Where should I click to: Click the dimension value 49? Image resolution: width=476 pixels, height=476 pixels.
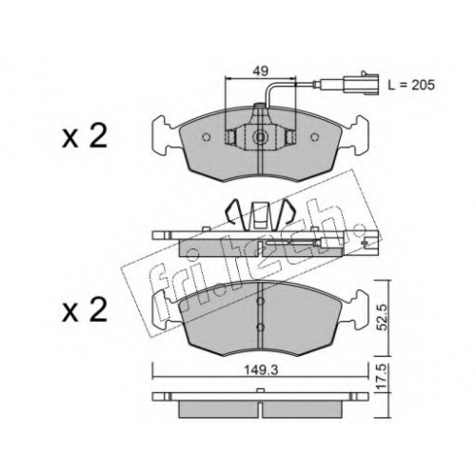click(260, 70)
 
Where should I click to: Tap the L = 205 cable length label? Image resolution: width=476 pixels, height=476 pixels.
click(411, 85)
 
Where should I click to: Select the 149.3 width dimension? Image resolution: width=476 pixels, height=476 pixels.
click(262, 370)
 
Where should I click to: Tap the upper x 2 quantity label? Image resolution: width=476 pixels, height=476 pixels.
click(85, 137)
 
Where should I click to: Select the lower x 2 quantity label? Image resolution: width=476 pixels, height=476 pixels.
click(85, 310)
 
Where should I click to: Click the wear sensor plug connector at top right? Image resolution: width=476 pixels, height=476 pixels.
click(366, 84)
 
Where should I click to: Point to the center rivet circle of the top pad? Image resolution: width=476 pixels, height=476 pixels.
click(260, 137)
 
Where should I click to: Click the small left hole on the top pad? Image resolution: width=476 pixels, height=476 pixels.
click(207, 137)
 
